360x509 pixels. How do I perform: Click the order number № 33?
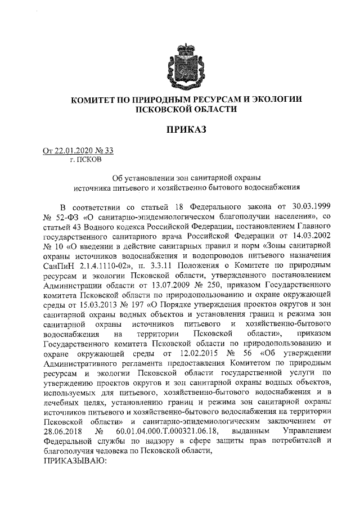point(106,150)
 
